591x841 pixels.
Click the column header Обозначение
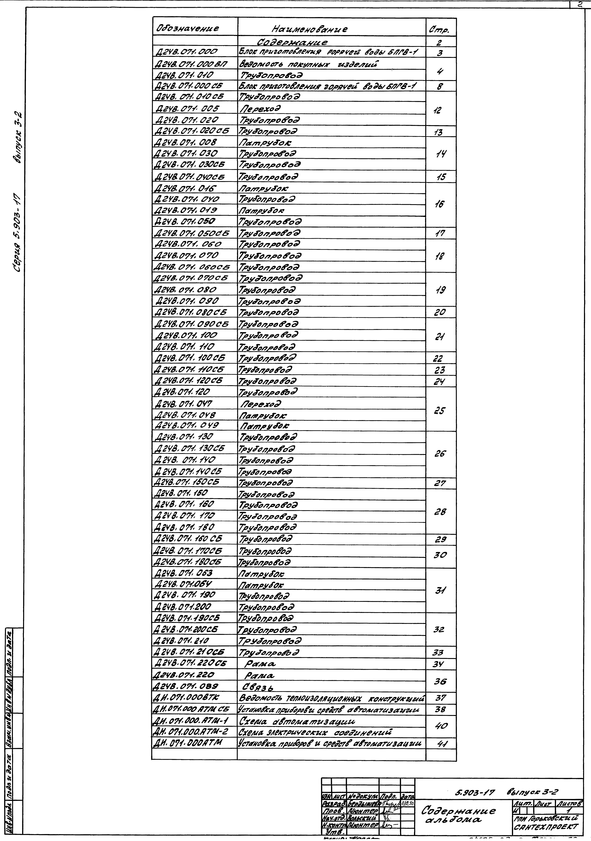click(x=188, y=28)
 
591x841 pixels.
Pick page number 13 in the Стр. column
click(x=438, y=133)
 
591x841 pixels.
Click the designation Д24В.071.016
click(x=185, y=189)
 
